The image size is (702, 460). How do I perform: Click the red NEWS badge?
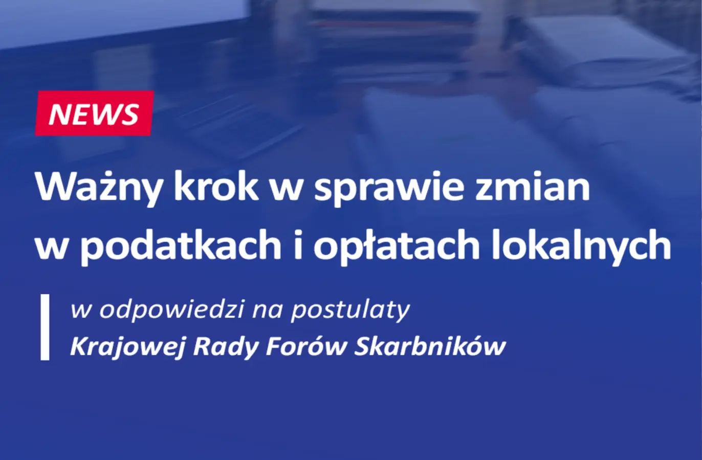pos(94,113)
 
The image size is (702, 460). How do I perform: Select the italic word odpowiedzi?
pos(172,310)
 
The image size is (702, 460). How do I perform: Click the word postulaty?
pos(350,311)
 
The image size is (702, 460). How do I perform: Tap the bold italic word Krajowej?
pos(126,347)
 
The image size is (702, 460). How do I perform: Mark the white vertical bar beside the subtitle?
pos(45,327)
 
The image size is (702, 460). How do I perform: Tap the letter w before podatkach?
pos(51,248)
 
